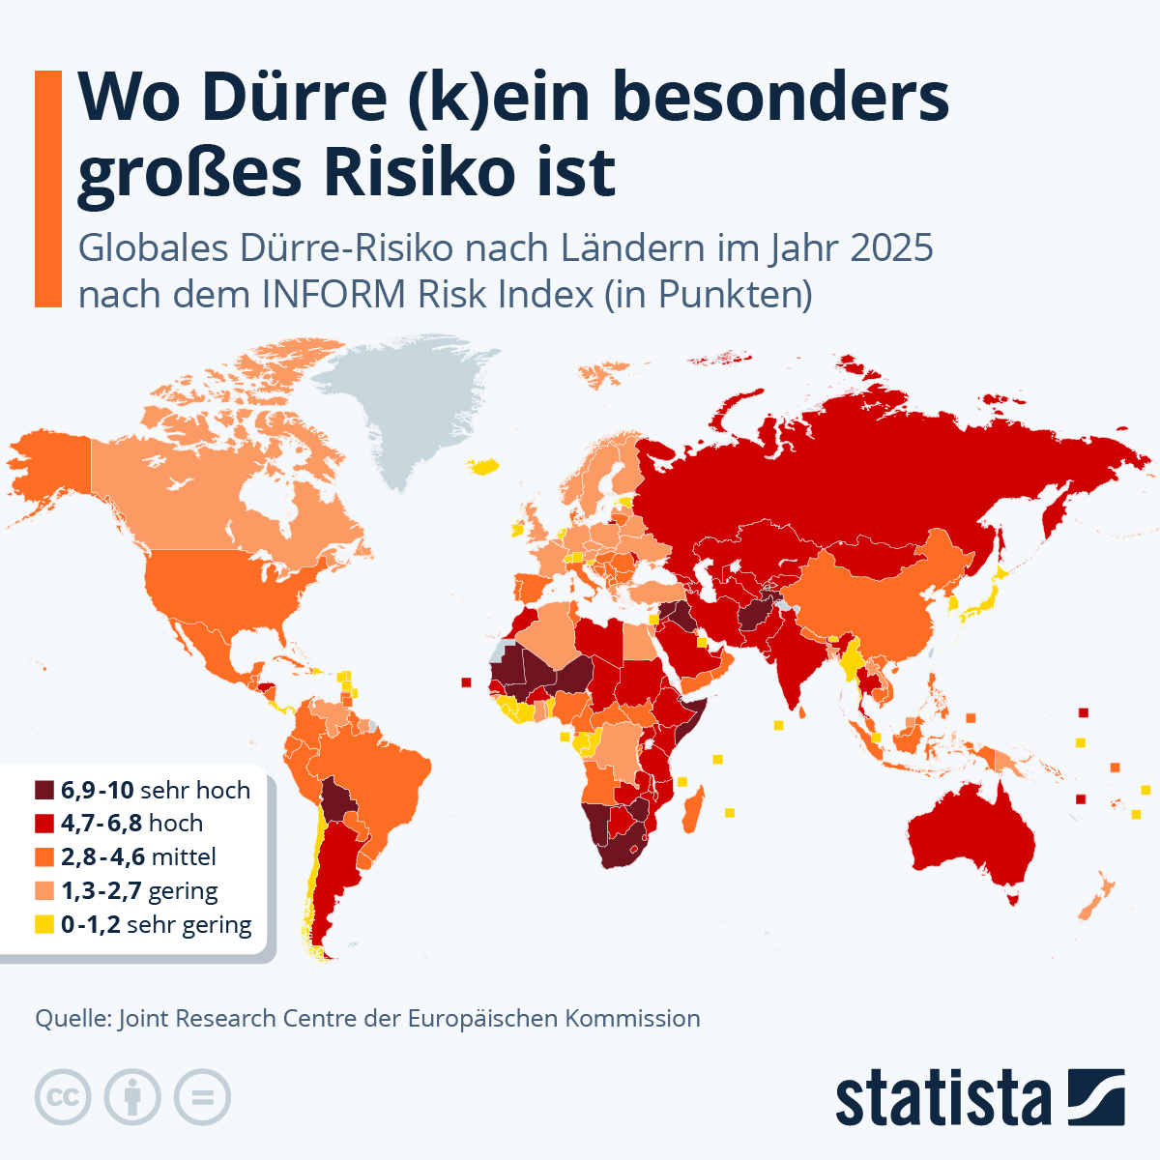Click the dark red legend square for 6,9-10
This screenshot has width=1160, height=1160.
pos(44,790)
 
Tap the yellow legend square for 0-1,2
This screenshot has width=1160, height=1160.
pos(44,924)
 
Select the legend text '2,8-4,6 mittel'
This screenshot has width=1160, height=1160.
pos(138,856)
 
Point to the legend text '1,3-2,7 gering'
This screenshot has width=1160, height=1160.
pos(139,890)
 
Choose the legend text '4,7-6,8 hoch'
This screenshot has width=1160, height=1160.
pos(131,824)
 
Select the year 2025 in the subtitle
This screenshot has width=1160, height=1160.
pos(891,248)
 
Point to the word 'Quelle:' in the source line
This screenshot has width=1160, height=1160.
pos(72,1018)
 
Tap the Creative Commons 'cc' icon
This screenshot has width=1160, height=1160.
pos(63,1097)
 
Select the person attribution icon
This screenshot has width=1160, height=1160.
pos(132,1097)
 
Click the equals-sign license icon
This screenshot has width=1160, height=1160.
pos(203,1097)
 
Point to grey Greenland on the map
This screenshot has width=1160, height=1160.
pos(416,406)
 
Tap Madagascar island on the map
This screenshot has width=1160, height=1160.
pos(693,810)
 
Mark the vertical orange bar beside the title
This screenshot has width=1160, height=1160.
pos(48,188)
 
